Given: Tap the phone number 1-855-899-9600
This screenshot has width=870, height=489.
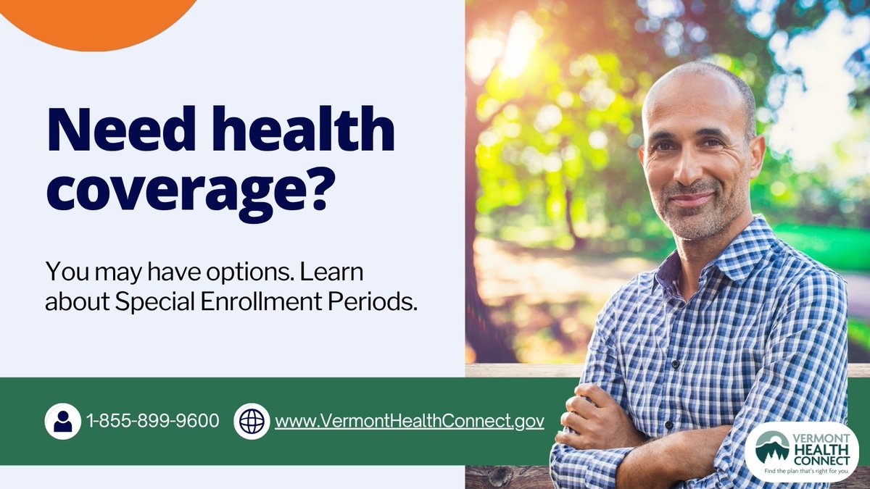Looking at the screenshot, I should tap(152, 421).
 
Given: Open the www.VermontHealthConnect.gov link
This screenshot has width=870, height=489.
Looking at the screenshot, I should tap(409, 421).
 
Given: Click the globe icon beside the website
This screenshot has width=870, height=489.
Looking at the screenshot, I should tap(252, 421).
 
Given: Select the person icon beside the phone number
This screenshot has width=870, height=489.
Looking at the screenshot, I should tap(62, 421).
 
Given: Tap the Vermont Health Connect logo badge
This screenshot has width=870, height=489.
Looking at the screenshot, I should tap(801, 451).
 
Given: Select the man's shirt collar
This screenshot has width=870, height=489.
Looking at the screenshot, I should tap(747, 250).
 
